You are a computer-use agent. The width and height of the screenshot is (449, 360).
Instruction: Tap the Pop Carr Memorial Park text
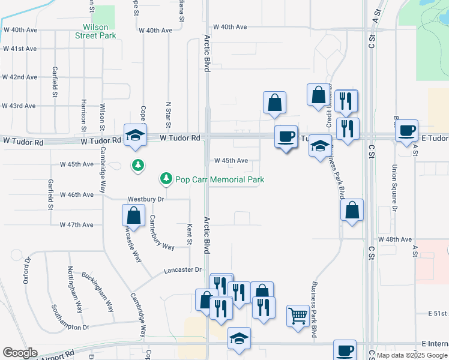click(x=219, y=179)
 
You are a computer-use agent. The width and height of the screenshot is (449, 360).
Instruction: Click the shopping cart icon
click(x=298, y=315)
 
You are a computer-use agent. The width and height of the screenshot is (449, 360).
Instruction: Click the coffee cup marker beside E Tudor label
click(x=406, y=130)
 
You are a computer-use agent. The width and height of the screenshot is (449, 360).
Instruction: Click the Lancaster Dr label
click(x=182, y=271)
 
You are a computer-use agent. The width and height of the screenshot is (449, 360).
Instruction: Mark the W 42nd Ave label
click(x=19, y=77)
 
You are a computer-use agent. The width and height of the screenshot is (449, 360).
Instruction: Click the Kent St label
click(x=189, y=235)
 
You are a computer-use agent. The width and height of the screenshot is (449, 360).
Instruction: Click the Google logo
click(x=20, y=353)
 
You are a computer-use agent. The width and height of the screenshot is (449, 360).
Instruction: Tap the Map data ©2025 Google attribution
click(x=412, y=355)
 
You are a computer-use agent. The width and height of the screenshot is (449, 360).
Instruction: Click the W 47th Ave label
click(x=77, y=225)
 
